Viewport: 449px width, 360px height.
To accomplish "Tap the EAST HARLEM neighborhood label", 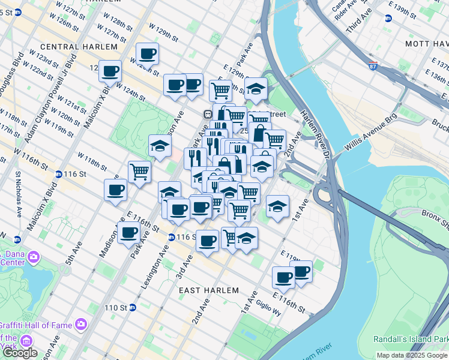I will [210, 290].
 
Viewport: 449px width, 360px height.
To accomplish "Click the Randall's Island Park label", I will [411, 339].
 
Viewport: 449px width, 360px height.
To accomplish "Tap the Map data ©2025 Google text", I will [412, 355].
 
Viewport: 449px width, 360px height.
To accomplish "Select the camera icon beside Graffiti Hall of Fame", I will [80, 325].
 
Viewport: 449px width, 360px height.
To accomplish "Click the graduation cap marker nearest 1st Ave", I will [277, 207].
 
